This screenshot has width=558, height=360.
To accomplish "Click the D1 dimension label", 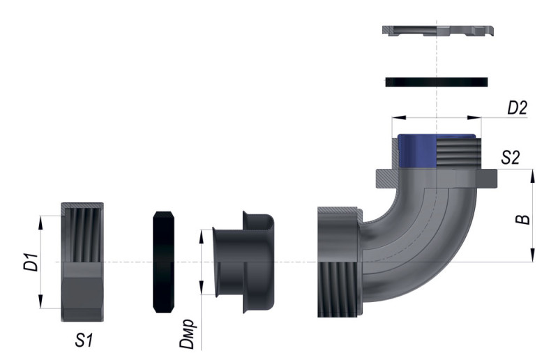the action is [31, 262].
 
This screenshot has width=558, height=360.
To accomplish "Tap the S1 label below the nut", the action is [84, 340].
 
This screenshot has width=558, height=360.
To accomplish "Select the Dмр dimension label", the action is [187, 333].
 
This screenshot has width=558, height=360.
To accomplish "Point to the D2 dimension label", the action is [517, 108].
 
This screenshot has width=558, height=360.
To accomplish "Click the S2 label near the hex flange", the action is [511, 157].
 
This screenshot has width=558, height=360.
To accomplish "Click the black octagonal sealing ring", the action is [163, 262].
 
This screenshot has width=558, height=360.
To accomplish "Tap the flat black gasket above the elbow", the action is [437, 82].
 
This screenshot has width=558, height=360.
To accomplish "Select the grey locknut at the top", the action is [438, 31].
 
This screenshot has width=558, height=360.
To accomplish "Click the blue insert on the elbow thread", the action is [416, 151].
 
